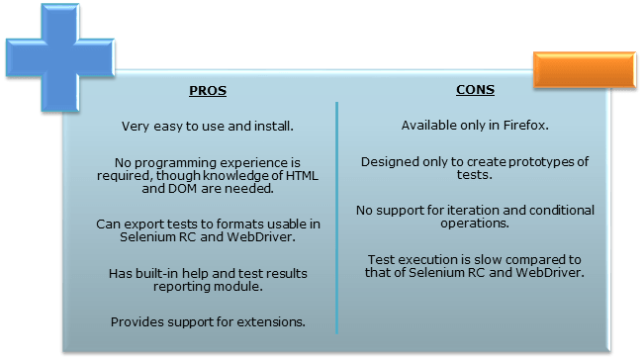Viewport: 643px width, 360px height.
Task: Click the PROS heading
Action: [x=208, y=91]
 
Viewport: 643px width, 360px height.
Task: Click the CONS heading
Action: [x=475, y=90]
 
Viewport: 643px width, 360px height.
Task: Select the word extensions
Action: [x=272, y=321]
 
